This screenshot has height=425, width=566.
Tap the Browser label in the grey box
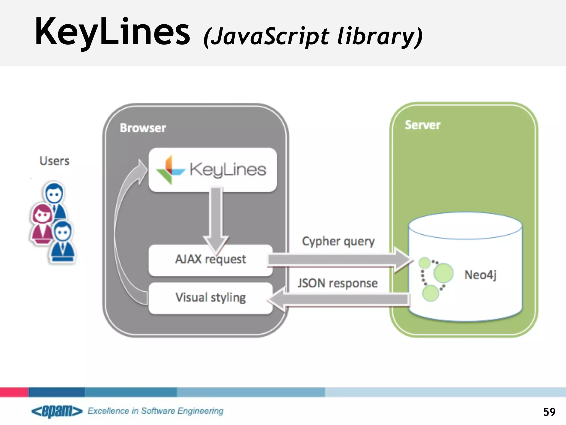coord(143,128)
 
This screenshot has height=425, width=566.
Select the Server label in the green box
coord(422,125)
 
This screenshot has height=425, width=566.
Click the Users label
coord(54,161)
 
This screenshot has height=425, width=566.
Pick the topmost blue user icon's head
coord(54,193)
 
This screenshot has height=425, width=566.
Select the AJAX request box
coord(210,260)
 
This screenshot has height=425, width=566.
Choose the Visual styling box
coord(210,298)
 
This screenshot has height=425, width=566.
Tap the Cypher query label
coord(338,241)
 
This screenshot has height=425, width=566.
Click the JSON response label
coord(337,283)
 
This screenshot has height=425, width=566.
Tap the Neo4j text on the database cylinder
coord(480,275)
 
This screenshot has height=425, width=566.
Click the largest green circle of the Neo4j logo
coord(443,273)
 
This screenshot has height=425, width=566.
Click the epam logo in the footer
coord(57,411)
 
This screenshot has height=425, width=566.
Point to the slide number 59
coord(549,412)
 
